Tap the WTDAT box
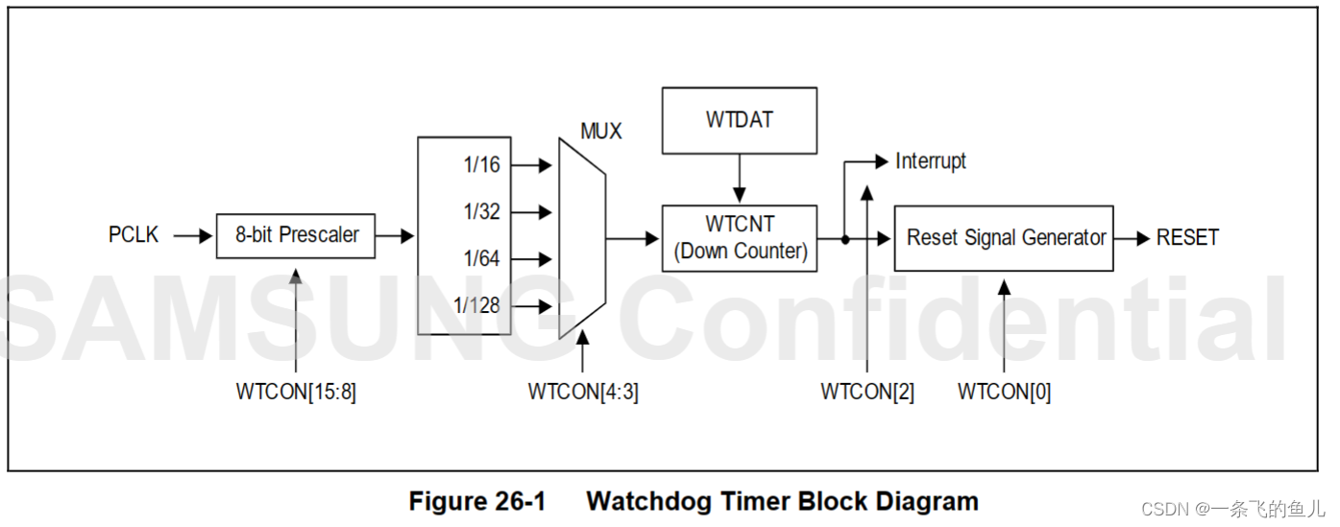click(x=739, y=121)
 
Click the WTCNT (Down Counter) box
click(x=739, y=238)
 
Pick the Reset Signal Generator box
click(x=1004, y=238)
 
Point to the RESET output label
click(x=1187, y=238)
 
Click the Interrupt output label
click(x=930, y=161)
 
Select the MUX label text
click(x=601, y=131)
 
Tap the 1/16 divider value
click(x=481, y=165)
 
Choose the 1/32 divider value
click(x=481, y=212)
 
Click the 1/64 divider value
click(x=481, y=259)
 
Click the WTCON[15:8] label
click(x=296, y=393)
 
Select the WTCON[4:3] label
click(x=583, y=393)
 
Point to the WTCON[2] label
click(x=866, y=393)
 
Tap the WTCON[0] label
click(x=1004, y=393)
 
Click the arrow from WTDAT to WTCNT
click(x=739, y=179)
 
